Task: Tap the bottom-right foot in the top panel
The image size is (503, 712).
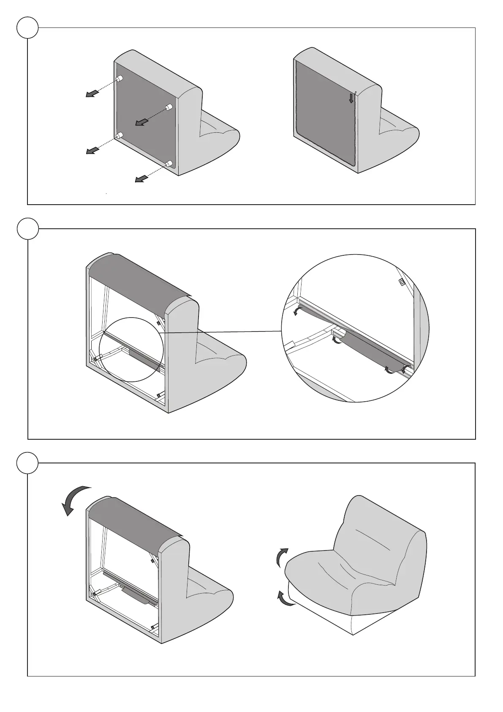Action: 169,164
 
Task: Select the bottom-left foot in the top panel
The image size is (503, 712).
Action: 120,136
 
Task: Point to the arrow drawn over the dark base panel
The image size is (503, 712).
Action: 142,122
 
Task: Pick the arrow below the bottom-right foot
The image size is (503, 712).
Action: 139,179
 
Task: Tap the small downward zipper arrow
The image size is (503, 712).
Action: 351,99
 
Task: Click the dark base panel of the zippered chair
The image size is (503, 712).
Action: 323,112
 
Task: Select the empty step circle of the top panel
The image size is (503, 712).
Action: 28,28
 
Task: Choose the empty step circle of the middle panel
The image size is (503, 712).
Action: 28,229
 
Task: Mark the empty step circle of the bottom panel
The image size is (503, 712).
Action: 28,463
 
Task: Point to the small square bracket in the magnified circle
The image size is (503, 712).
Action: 402,282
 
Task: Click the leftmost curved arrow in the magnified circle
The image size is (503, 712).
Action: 297,311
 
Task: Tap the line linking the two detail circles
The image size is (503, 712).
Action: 220,332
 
